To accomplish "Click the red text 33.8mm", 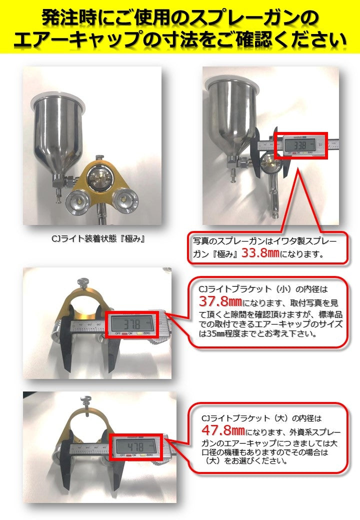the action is pyautogui.click(x=260, y=253).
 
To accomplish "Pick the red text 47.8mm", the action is pyautogui.click(x=223, y=430).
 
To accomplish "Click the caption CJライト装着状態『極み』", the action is pyautogui.click(x=98, y=239).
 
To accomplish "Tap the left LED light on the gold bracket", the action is pyautogui.click(x=77, y=201).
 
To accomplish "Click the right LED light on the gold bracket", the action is pyautogui.click(x=124, y=200).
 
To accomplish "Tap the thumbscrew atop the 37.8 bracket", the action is pyautogui.click(x=81, y=283).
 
